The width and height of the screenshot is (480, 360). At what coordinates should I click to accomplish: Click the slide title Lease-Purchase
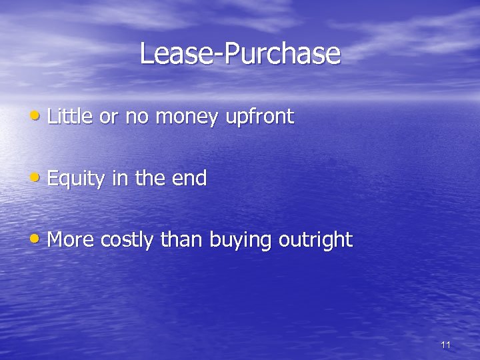240,53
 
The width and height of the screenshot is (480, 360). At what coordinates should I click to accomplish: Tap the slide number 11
446,345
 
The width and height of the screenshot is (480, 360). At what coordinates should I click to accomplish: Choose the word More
71,239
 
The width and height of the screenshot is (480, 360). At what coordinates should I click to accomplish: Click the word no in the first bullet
137,118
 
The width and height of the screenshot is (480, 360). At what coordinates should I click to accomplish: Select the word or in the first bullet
108,118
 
